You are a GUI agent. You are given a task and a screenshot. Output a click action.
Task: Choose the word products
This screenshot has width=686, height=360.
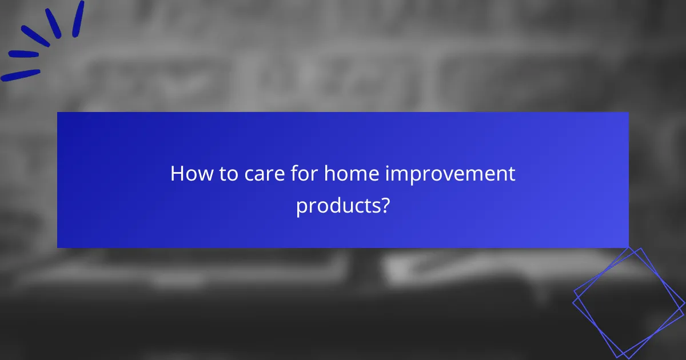[x=337, y=205]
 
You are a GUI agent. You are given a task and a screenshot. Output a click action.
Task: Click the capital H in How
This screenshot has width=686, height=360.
[x=177, y=174]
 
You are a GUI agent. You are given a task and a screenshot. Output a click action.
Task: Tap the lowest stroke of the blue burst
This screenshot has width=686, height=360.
[x=20, y=75]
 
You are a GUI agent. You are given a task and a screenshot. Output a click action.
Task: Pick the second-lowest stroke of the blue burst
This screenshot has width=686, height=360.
[x=23, y=54]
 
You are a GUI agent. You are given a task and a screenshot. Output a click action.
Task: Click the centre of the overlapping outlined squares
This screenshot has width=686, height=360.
[x=627, y=302]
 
